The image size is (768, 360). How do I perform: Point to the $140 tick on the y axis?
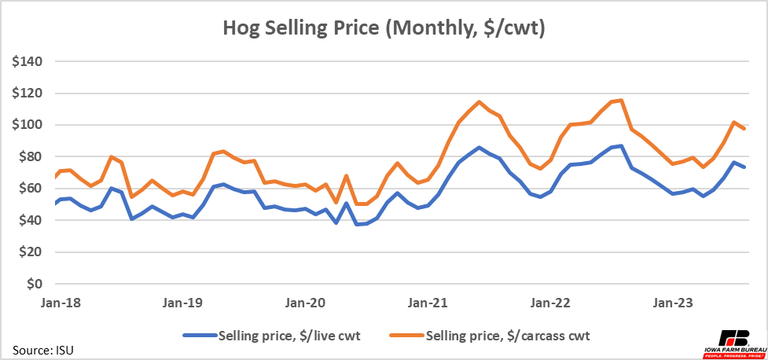tap(28, 61)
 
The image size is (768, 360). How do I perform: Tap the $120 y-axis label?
tap(28, 93)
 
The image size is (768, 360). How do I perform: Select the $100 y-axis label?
tap(28, 125)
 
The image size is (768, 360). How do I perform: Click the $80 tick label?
tap(31, 156)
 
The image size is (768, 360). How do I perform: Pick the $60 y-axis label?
tap(31, 189)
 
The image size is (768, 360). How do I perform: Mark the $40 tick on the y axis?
tap(31, 220)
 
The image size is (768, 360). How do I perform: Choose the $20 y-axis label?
tap(31, 252)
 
